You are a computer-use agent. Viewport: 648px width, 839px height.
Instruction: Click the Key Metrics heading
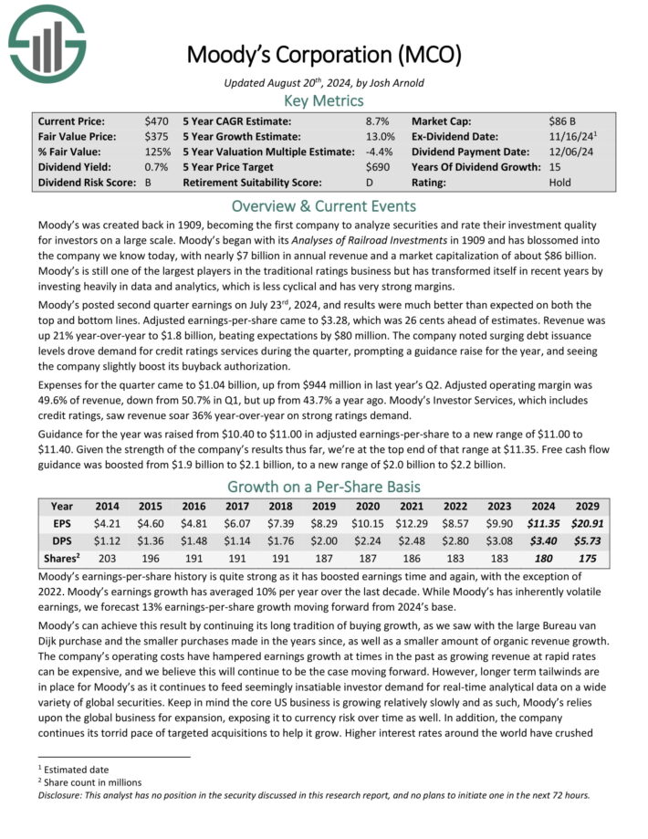(x=324, y=100)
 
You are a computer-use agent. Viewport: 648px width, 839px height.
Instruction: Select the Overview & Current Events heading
(x=323, y=205)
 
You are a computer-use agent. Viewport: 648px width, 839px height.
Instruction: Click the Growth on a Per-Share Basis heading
(x=323, y=487)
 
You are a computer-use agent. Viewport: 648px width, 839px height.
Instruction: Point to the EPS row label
(x=62, y=524)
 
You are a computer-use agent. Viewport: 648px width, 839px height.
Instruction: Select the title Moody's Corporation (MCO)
(x=324, y=54)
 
